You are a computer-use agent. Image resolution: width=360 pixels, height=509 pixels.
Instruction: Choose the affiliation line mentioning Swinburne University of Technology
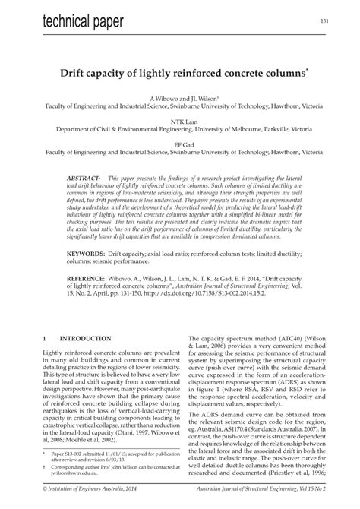coord(179,108)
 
